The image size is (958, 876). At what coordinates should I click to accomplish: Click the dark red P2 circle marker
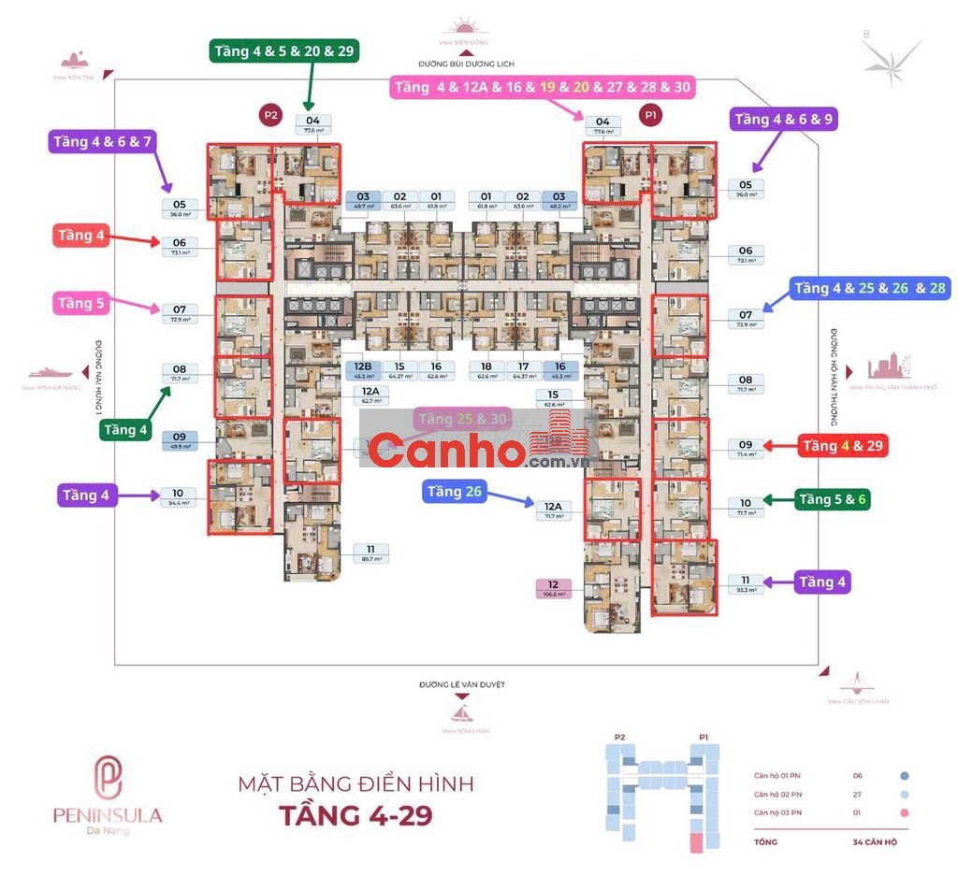point(271,116)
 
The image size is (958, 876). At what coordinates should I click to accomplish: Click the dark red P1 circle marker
point(650,116)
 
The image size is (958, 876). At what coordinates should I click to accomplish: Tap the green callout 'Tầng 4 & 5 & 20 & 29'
point(283,51)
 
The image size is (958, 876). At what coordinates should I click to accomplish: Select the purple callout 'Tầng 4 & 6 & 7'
point(102,142)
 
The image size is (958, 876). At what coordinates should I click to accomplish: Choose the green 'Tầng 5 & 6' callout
point(832,500)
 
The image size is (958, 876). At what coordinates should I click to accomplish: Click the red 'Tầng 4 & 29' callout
point(842,446)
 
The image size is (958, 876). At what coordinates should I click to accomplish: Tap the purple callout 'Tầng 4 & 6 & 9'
point(784,119)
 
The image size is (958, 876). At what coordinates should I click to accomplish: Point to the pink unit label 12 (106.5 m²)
point(553,588)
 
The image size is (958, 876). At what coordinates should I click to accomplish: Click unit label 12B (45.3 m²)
point(363,370)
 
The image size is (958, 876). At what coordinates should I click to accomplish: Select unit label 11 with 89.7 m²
point(370,553)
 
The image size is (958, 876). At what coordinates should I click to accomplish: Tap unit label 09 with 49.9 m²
point(180,440)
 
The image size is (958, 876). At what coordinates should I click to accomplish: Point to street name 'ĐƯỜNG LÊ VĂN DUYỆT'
point(462,684)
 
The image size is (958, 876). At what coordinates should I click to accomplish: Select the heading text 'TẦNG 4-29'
point(356,815)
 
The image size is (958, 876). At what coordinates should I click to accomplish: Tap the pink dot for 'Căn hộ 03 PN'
point(904,812)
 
